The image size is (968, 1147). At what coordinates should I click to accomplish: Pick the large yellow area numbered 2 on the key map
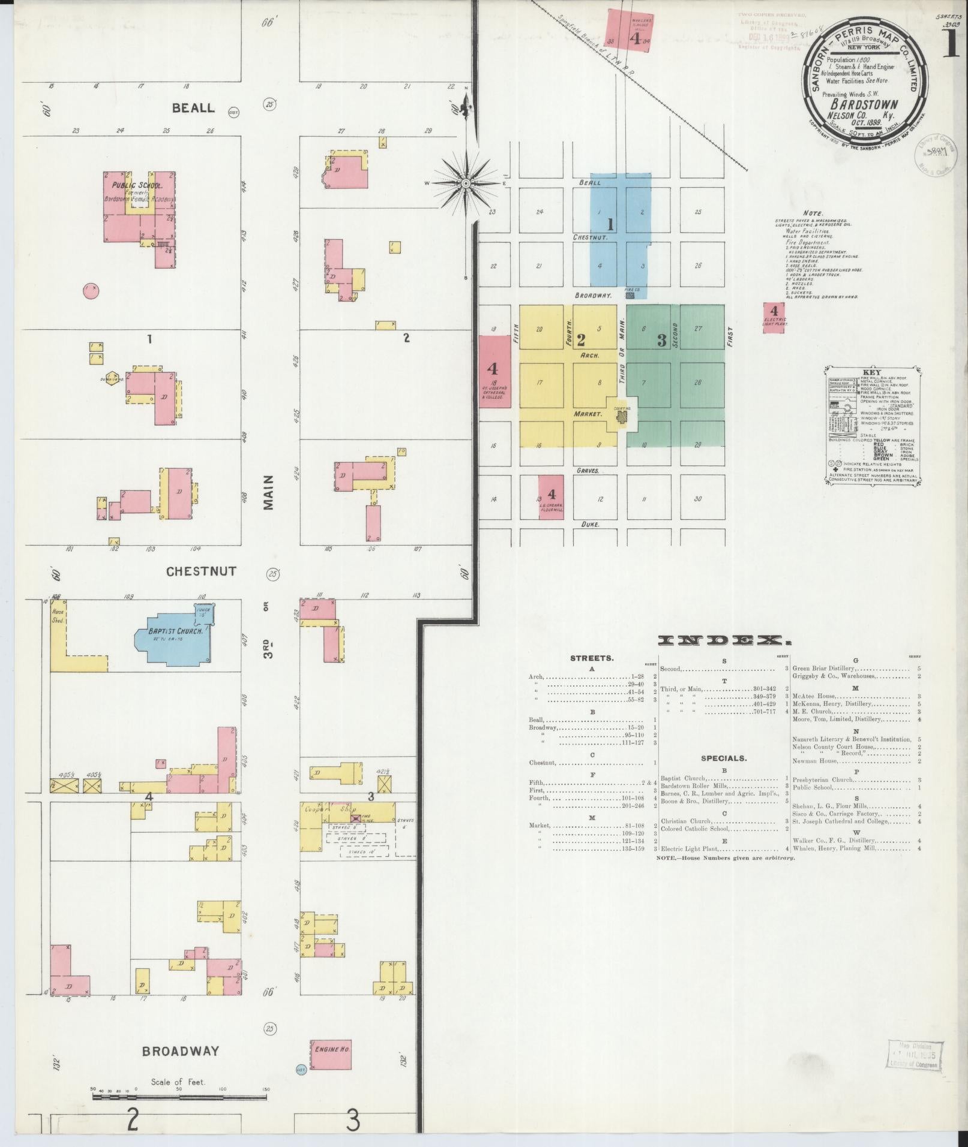coord(567,378)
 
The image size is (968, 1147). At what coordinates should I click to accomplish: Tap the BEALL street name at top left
coord(193,108)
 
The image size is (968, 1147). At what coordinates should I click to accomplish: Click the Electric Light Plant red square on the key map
coord(774,317)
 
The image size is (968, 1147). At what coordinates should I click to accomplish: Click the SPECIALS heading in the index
coord(723,758)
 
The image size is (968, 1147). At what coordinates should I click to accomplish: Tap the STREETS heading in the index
coord(592,658)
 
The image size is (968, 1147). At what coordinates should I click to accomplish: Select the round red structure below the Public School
coord(91,291)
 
